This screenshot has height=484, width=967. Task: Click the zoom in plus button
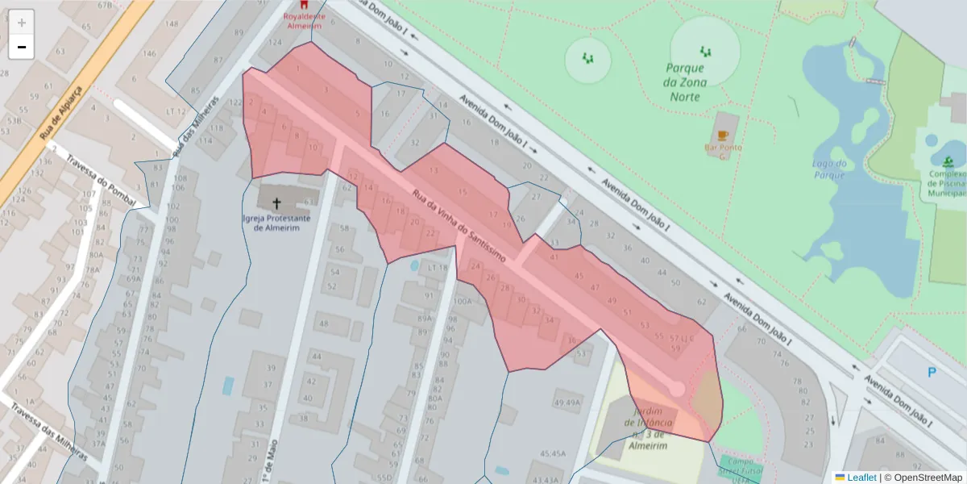(22, 22)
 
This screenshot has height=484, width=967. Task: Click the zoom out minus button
(22, 47)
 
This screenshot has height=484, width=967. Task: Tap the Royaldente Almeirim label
(303, 20)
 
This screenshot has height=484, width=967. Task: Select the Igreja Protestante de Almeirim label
(276, 223)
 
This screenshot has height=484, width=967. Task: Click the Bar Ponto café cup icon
(723, 135)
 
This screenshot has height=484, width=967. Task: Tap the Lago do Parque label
(830, 169)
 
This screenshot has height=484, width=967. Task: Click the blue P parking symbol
(932, 373)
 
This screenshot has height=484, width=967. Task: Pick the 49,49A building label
(567, 403)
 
